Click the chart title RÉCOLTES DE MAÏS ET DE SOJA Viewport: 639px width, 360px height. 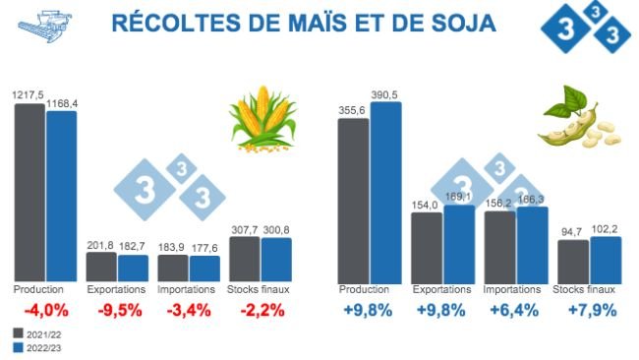[304, 22]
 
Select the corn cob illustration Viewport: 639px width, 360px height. [262, 120]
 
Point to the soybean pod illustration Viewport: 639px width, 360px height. [575, 121]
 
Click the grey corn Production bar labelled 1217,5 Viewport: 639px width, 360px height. [29, 192]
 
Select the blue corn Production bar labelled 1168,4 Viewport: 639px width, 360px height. [61, 196]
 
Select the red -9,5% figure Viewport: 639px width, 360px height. [121, 311]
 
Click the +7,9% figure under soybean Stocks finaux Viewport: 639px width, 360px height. [591, 311]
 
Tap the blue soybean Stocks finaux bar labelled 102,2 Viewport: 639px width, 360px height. [605, 259]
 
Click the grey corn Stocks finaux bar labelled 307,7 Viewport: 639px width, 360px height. [244, 259]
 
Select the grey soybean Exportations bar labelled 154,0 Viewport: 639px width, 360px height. [426, 246]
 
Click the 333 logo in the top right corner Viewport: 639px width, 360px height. [585, 30]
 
